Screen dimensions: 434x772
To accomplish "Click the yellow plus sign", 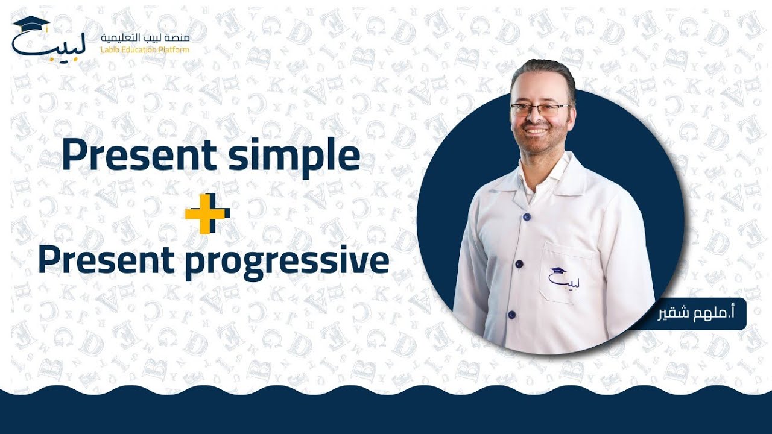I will tap(207, 213).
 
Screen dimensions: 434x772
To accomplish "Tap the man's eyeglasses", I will tap(539, 110).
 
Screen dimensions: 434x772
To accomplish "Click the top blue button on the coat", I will tap(527, 216).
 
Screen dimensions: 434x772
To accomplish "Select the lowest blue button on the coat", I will tap(511, 315).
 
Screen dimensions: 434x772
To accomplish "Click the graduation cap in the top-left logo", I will tap(31, 24).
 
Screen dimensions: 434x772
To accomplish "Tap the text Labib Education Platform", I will tap(145, 49).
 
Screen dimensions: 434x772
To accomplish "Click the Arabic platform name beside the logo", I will tap(145, 38).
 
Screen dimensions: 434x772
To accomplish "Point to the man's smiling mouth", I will tap(536, 130).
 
